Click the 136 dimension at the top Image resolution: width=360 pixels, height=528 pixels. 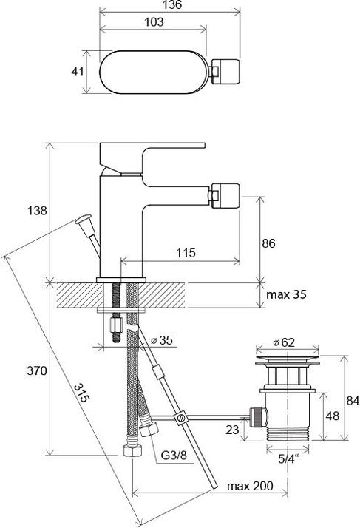[x=170, y=5]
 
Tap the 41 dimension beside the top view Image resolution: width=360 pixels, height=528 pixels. [x=75, y=72]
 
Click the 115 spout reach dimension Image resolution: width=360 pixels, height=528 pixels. [x=186, y=253]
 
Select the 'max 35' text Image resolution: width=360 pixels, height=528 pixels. [x=286, y=295]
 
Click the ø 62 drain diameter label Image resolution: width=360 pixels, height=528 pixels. [x=285, y=342]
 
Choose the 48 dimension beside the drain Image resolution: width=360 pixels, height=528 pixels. [x=333, y=416]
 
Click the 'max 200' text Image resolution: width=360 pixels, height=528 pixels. [x=249, y=486]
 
